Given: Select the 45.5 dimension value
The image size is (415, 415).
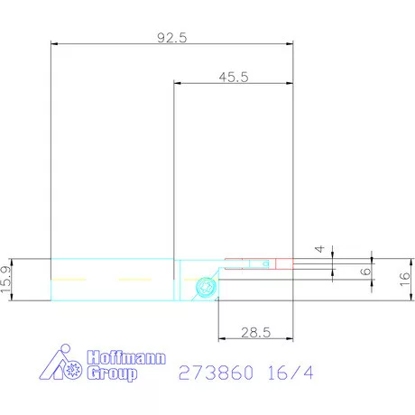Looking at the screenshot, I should tap(233, 78).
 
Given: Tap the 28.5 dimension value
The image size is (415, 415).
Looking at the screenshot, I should tap(256, 333).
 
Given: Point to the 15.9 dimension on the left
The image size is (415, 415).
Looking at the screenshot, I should tap(8, 280).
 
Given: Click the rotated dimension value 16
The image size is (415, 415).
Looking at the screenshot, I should tap(405, 280).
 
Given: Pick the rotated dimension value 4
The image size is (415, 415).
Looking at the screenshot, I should tap(318, 249).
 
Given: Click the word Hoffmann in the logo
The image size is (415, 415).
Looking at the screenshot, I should tap(125, 356).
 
